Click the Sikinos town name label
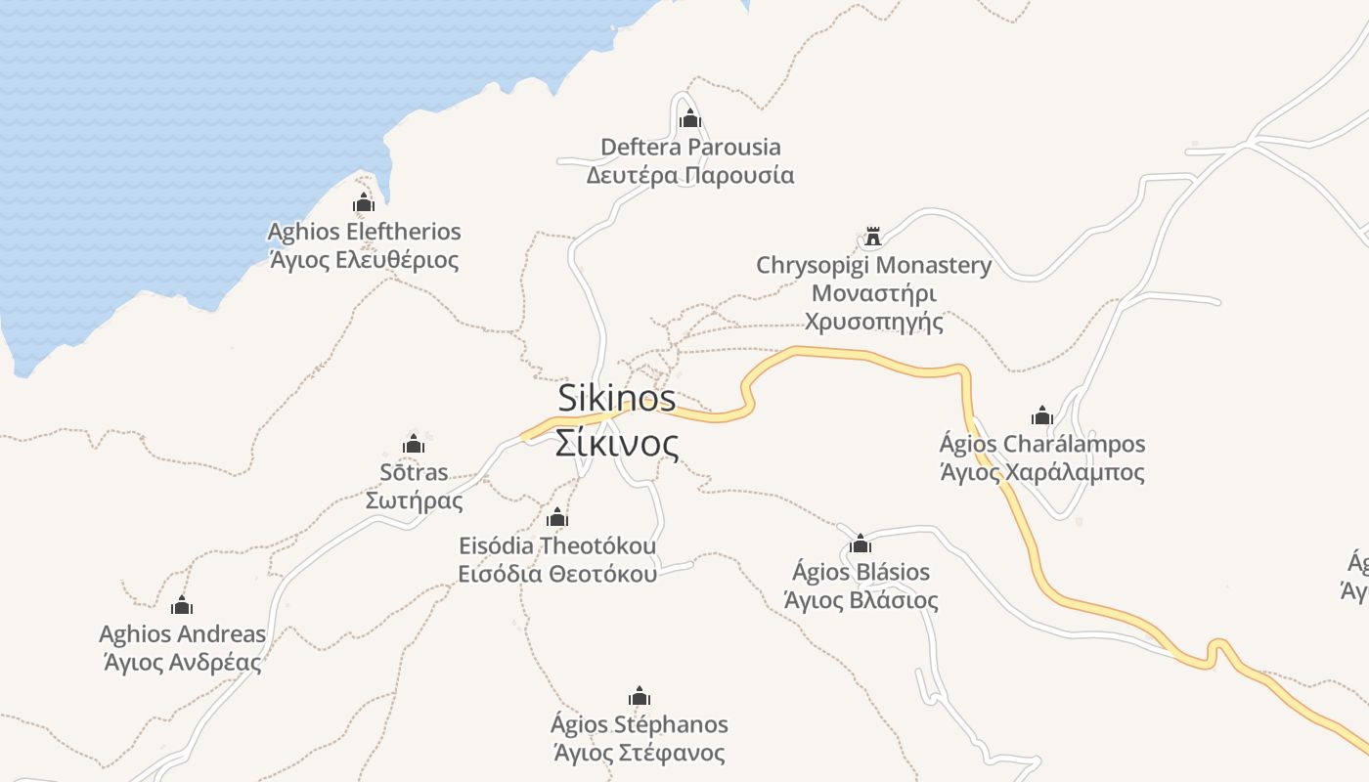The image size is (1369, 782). point(616,398)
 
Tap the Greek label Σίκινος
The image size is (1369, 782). point(616,443)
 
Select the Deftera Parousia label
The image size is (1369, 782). point(690,148)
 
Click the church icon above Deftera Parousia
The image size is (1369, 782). point(690,119)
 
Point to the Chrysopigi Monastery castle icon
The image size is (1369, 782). point(873,237)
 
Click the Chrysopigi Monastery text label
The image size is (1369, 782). point(873,265)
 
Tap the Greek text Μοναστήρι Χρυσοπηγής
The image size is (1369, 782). point(873,307)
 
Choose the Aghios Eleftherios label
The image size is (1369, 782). point(364,232)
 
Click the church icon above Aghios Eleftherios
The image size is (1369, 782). point(364,203)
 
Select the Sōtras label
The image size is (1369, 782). point(414,472)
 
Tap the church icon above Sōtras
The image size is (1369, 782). point(414,444)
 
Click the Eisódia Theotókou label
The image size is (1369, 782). point(557,544)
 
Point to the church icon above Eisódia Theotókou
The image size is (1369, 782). point(557,517)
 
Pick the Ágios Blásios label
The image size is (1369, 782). point(861,571)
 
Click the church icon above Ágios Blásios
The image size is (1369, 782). point(861,543)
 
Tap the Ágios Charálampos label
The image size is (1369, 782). point(1041,444)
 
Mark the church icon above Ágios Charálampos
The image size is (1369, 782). point(1041,415)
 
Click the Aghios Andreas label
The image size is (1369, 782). point(182,634)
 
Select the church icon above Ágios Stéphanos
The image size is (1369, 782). point(640,697)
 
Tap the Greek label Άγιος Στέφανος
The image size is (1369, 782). point(640,753)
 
